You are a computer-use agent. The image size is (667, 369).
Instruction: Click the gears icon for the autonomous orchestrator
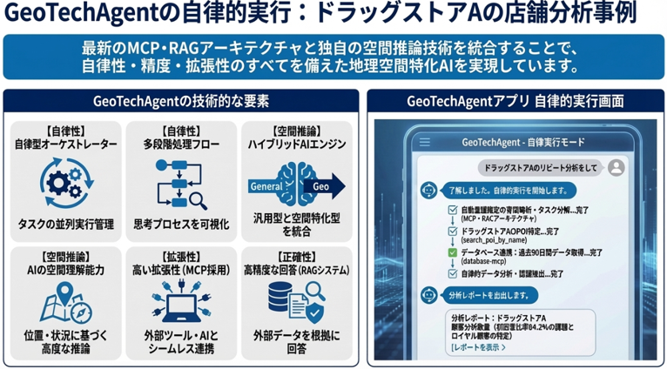click(x=65, y=184)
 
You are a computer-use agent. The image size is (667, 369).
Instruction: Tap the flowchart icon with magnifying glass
click(x=180, y=184)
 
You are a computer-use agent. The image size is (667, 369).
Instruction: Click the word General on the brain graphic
click(x=266, y=185)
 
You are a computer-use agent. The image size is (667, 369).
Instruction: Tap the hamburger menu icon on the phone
click(x=425, y=142)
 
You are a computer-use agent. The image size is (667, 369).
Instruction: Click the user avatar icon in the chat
click(x=616, y=166)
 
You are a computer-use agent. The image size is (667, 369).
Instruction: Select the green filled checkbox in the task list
click(x=451, y=253)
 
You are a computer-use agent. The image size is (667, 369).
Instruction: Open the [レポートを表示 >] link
click(x=478, y=347)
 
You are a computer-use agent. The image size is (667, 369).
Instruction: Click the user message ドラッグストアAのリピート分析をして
click(x=540, y=166)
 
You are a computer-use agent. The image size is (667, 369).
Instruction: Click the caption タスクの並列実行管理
click(x=65, y=224)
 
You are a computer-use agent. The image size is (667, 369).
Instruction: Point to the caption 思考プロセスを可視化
click(x=180, y=224)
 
